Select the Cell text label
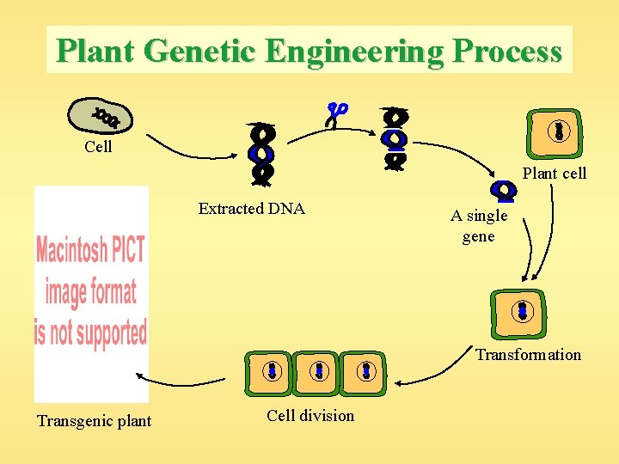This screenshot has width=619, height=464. coord(98,147)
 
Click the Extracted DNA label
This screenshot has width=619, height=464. coord(251,209)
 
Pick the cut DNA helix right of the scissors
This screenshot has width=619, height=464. coord(395,138)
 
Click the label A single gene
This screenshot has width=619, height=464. coord(479,226)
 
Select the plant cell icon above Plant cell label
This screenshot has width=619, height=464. coord(558,131)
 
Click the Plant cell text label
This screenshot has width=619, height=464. coord(555,174)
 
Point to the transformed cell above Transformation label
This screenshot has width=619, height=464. coord(521,311)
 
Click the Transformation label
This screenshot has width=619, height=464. coord(528,355)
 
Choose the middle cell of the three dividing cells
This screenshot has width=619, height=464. coord(318,370)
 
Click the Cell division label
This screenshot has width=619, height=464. coord(309,416)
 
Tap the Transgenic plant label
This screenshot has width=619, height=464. coord(94,421)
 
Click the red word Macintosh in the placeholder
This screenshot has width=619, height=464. coord(90,250)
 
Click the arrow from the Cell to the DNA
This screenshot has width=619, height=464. coord(189,147)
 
